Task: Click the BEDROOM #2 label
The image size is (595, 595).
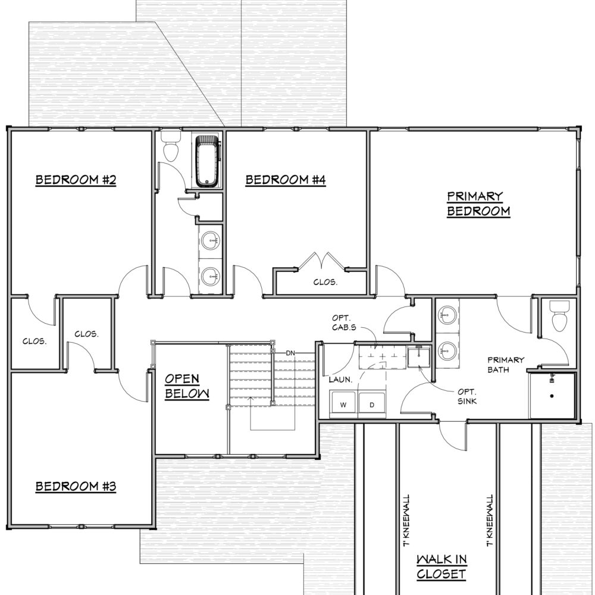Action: (x=76, y=180)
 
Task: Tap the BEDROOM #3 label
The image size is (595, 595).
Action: (x=76, y=487)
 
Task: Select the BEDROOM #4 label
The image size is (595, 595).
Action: (x=286, y=180)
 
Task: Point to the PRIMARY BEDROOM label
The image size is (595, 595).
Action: (x=478, y=203)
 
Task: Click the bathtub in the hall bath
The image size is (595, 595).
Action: (x=208, y=161)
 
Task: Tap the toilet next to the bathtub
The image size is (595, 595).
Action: (x=171, y=146)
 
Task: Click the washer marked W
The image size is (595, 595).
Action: (x=343, y=404)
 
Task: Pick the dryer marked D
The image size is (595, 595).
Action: (x=372, y=404)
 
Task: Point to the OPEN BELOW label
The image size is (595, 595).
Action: (x=187, y=386)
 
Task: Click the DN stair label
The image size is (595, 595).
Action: (x=290, y=353)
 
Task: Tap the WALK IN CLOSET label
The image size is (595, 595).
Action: (x=441, y=566)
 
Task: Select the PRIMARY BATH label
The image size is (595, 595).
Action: (x=505, y=365)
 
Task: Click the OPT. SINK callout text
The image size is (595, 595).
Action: (x=466, y=396)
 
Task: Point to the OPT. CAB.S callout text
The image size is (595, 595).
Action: (x=344, y=322)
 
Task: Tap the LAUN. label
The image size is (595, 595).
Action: (x=340, y=380)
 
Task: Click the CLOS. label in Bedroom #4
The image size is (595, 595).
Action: (x=325, y=282)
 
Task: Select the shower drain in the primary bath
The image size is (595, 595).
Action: (x=552, y=396)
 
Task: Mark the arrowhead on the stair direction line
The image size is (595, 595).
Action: (x=250, y=399)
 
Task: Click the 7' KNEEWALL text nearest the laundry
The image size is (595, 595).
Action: (x=406, y=520)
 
